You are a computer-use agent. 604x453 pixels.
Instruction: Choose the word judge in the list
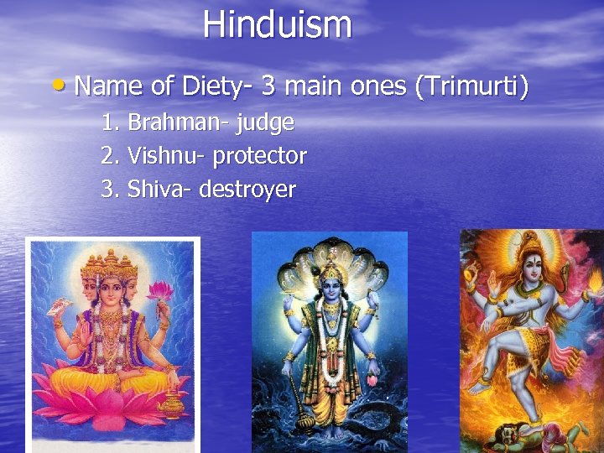[265, 123]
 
